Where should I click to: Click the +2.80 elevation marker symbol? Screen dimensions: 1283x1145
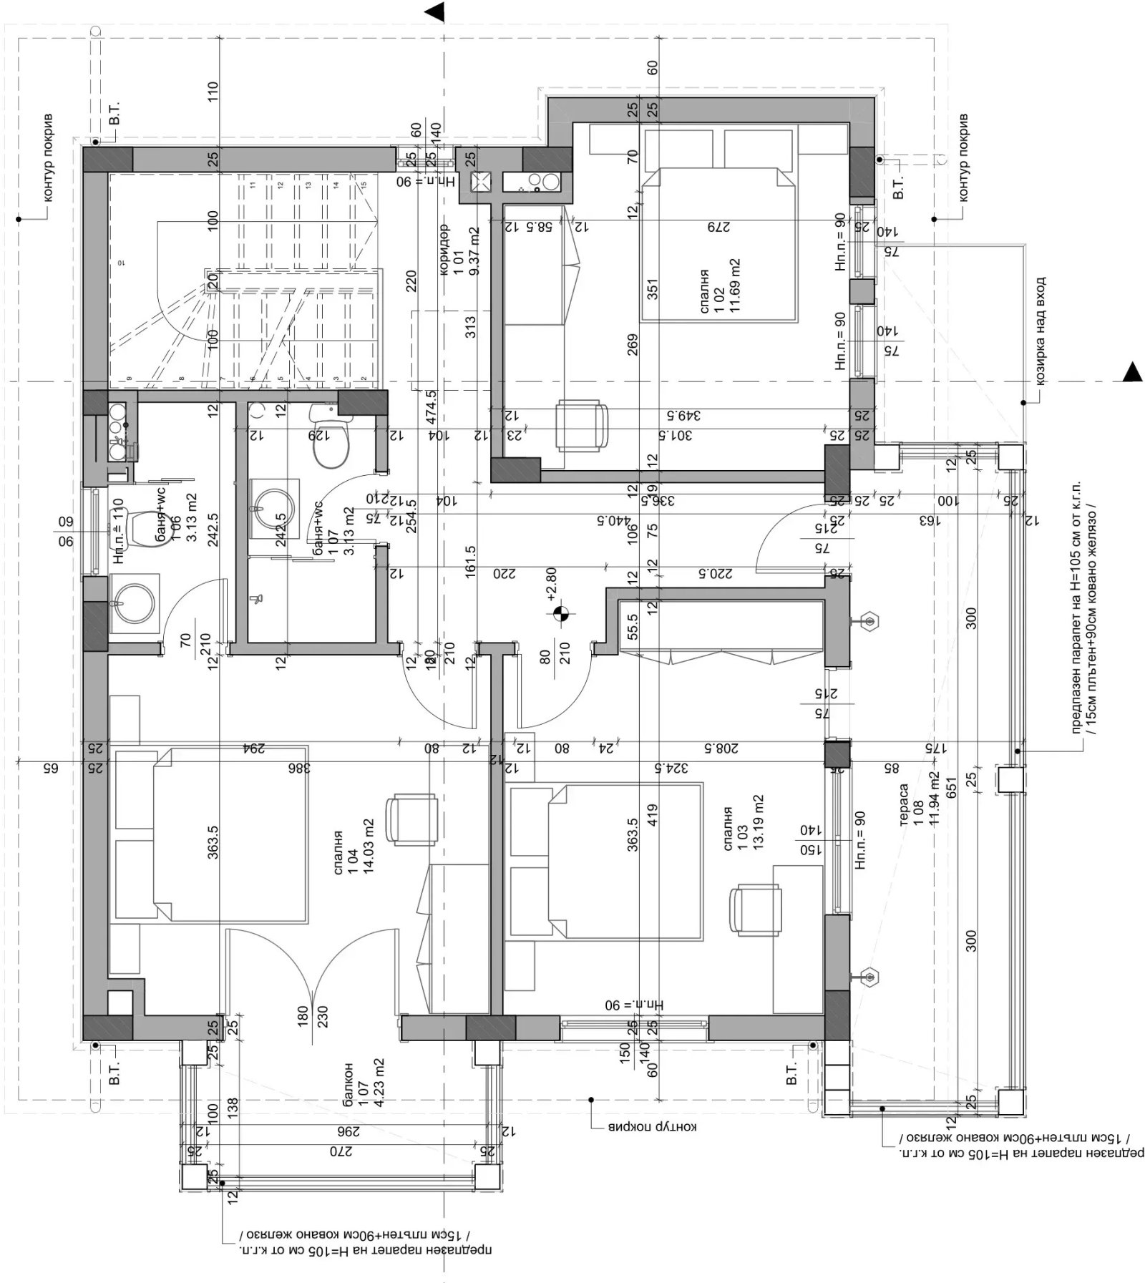coord(560,613)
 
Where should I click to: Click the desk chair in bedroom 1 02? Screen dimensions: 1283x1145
coord(582,425)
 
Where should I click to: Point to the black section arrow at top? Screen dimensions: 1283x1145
coord(434,11)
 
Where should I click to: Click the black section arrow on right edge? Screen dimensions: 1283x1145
coord(1131,371)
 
